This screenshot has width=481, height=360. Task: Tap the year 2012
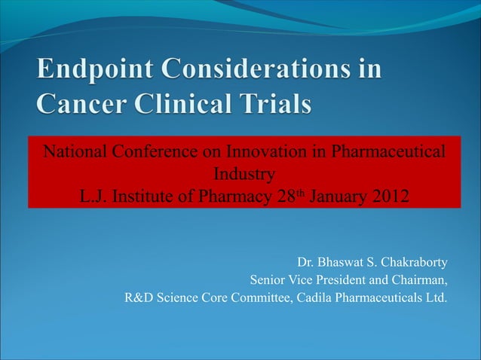tap(393, 198)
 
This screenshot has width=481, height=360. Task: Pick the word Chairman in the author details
tap(423, 281)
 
